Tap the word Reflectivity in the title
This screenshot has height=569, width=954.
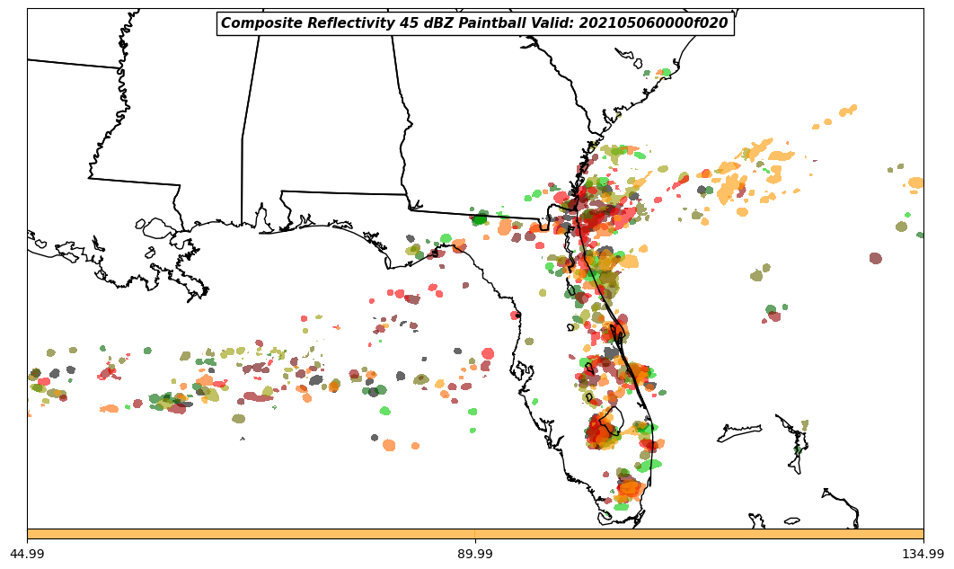339,23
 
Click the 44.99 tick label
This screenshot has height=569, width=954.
27,554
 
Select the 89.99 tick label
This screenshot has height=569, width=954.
475,554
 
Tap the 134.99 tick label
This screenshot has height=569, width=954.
923,554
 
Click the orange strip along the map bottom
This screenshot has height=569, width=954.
475,534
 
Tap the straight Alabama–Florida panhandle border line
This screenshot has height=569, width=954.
341,192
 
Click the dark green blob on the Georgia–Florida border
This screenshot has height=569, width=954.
480,218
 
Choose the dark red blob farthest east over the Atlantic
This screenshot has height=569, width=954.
875,258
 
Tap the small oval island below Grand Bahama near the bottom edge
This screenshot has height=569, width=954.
791,520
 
